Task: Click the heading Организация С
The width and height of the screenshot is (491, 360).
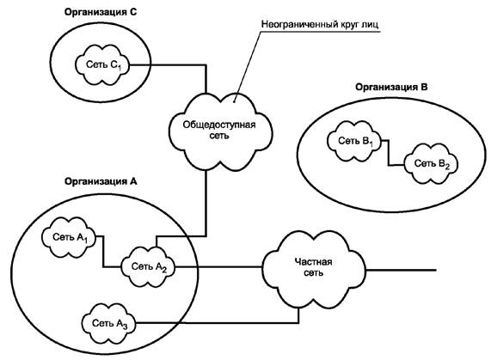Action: point(101,12)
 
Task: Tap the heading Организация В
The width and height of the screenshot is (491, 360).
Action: point(391,87)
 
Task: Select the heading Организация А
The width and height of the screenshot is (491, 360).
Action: point(101,181)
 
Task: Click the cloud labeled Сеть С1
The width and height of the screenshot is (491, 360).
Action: point(102,64)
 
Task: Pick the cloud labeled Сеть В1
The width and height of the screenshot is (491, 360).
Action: point(354,141)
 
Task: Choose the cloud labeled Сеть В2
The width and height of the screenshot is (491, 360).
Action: point(431,163)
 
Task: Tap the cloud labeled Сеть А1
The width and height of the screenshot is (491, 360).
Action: point(69,237)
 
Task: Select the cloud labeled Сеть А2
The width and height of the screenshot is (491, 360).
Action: point(148,267)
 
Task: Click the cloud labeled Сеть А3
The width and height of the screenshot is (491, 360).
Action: point(108,323)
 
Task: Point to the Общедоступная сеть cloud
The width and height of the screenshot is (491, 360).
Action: point(220,131)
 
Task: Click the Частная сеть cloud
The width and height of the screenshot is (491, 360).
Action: point(314,269)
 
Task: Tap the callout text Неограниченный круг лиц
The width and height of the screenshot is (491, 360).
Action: point(320,24)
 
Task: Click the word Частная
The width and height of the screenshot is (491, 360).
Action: point(314,261)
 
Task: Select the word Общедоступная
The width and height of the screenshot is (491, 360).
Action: point(219,125)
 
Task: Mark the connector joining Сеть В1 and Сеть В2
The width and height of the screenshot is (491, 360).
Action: point(389,153)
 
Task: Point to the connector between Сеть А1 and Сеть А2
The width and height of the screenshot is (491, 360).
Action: point(104,252)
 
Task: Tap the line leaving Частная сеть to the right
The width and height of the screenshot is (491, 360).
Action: point(401,270)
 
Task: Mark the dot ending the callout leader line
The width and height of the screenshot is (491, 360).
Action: point(235,101)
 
